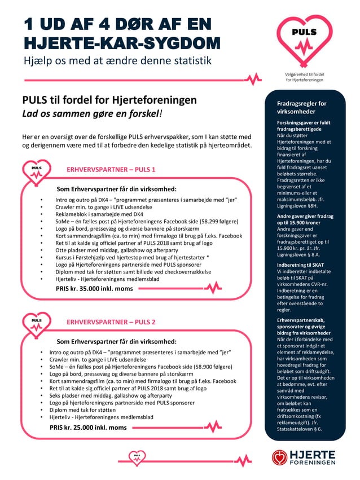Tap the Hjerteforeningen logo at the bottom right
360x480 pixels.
303,457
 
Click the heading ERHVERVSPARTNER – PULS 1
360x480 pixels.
111,169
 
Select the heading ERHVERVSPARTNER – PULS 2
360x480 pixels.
111,322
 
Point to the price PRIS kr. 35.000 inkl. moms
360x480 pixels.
94,288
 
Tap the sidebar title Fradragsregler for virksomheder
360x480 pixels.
302,108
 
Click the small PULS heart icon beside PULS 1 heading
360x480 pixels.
37,170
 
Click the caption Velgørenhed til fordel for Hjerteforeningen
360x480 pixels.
305,78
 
